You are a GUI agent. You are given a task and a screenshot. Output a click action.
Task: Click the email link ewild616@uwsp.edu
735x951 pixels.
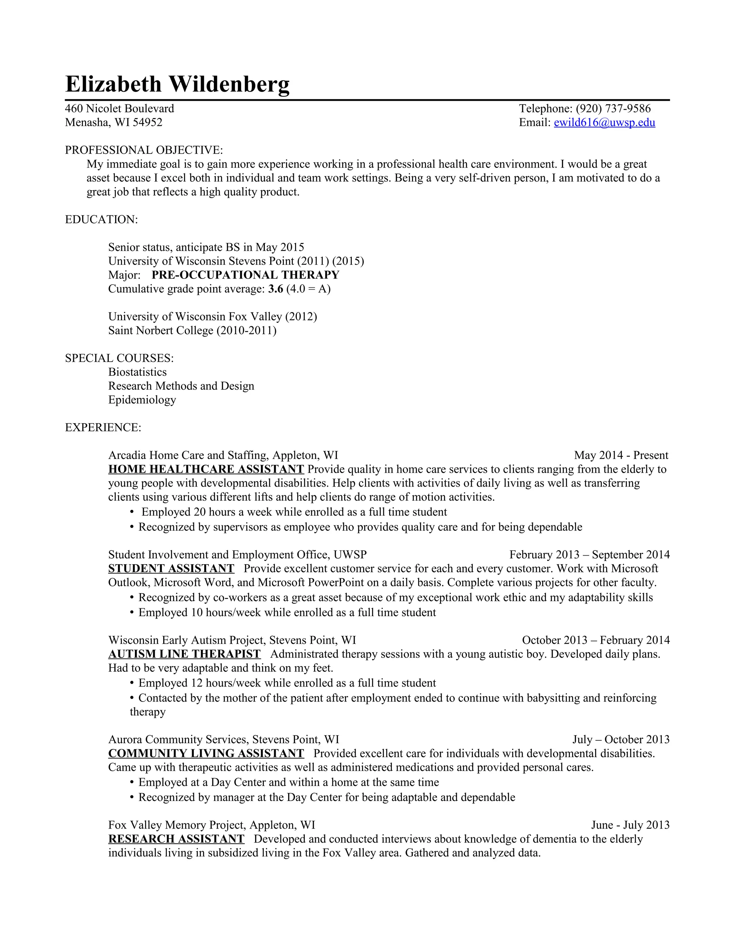click(x=604, y=123)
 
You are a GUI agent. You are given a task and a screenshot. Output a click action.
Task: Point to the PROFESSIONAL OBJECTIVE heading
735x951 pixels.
click(x=144, y=150)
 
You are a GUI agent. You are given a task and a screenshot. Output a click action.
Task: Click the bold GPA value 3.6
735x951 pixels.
click(x=276, y=289)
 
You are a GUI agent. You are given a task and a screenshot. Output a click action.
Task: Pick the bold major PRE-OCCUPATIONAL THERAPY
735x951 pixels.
click(x=245, y=275)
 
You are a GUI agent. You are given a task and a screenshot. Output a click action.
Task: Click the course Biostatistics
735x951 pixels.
click(x=137, y=372)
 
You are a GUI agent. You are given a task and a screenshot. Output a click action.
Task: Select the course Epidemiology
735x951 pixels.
click(x=142, y=400)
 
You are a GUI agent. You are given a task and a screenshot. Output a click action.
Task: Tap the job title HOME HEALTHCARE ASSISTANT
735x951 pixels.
click(x=206, y=469)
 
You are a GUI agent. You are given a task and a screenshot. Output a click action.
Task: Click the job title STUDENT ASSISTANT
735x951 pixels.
click(x=171, y=569)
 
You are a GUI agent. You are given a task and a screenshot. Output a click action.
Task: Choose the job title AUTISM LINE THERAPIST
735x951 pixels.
click(x=184, y=654)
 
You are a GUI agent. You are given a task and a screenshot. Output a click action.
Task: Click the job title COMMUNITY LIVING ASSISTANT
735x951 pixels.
click(x=206, y=753)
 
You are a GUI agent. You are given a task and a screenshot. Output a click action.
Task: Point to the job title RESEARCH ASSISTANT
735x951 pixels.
click(x=176, y=839)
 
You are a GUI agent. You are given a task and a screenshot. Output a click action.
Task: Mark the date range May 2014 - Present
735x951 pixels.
click(x=621, y=455)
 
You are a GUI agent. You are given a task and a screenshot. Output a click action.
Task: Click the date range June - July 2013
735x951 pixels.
click(x=630, y=825)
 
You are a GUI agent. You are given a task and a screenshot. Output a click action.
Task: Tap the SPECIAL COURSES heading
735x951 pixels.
click(x=119, y=359)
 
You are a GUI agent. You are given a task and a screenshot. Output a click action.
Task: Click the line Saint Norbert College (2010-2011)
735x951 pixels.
click(x=192, y=331)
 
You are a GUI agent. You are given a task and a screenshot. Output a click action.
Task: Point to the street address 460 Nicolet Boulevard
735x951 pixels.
click(x=119, y=109)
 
